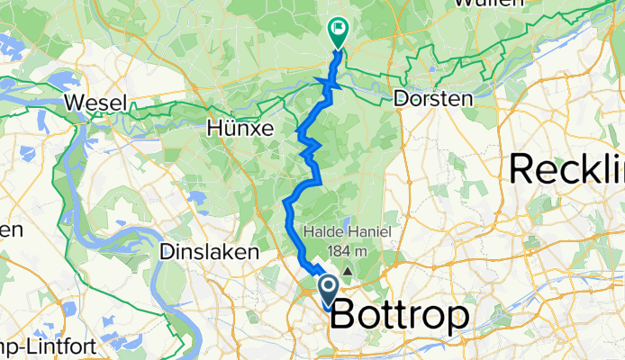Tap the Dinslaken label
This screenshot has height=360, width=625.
(x=208, y=251)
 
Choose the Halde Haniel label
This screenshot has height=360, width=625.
(x=348, y=231)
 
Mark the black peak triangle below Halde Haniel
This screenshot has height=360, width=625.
(x=348, y=269)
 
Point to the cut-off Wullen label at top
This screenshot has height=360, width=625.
(x=489, y=4)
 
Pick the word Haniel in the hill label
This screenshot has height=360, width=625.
(x=370, y=231)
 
